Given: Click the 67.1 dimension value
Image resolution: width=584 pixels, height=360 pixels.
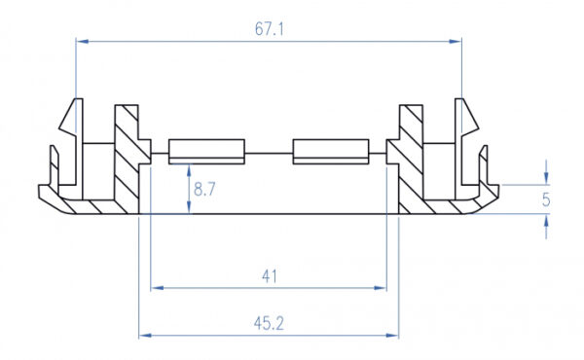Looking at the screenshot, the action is coord(269,29).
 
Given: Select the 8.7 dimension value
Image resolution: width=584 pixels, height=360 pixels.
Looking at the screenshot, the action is coord(204,189).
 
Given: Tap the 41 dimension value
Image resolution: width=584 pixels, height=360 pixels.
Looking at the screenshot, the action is coord(270,276).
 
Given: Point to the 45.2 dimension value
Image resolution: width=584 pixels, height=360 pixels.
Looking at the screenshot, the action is coord(269,324).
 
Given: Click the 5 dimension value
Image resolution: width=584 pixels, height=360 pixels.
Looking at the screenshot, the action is coord(546,199).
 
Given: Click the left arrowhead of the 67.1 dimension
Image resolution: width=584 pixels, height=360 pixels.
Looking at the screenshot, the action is coord(83,41).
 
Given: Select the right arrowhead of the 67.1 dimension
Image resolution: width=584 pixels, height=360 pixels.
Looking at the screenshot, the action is coord(456,41).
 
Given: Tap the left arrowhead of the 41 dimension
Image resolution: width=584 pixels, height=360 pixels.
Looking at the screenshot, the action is coord(157,288).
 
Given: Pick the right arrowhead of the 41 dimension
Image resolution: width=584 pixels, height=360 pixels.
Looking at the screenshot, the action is coord(381,288).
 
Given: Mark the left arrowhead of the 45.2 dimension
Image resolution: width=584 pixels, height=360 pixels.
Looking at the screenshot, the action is coord(145,336).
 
